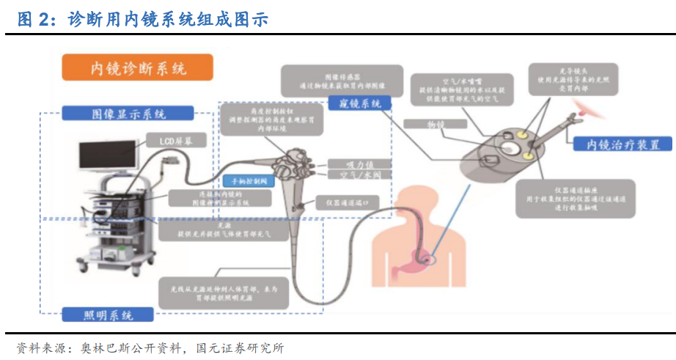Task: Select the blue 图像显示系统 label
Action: pos(128,114)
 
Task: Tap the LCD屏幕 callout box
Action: pos(173,139)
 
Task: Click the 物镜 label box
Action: pos(436,125)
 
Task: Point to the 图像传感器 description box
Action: pos(342,81)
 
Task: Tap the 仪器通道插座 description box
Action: pos(574,198)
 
